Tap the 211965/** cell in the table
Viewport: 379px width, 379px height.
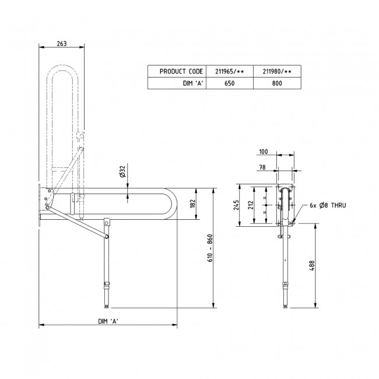[x=229, y=71]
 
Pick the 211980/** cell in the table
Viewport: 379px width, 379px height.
[x=277, y=71]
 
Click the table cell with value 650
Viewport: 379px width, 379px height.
[x=229, y=83]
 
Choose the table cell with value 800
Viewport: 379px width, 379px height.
[x=277, y=83]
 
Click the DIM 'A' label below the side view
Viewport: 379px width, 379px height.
[x=108, y=322]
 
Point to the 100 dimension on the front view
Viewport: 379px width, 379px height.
[x=263, y=152]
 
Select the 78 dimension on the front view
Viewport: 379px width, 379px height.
[x=263, y=167]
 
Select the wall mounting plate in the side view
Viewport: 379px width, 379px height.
[x=40, y=205]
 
